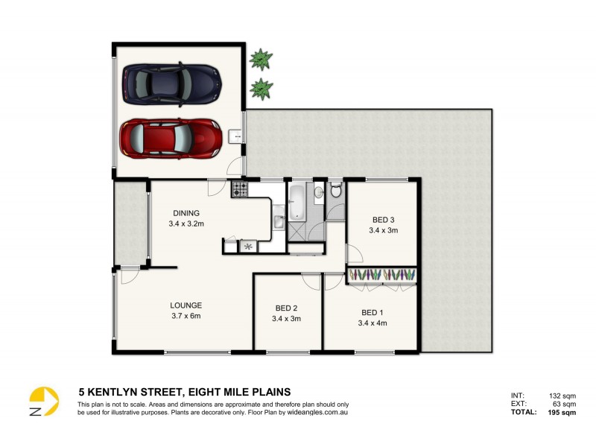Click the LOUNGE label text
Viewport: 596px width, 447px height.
(x=186, y=305)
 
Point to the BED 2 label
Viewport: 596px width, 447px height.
(x=285, y=308)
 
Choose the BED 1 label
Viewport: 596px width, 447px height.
(x=372, y=312)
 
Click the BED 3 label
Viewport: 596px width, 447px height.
(x=384, y=220)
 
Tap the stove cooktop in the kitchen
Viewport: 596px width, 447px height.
(x=240, y=189)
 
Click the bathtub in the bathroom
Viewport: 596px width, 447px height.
(x=297, y=204)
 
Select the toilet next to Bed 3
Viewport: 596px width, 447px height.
(x=336, y=191)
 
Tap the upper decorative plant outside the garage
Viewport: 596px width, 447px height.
(x=260, y=57)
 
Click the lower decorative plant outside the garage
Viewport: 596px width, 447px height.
(x=260, y=89)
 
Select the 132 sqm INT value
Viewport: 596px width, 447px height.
(x=563, y=396)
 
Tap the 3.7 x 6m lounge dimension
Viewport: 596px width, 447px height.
(x=186, y=316)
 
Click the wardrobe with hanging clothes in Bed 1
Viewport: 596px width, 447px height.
(x=381, y=275)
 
